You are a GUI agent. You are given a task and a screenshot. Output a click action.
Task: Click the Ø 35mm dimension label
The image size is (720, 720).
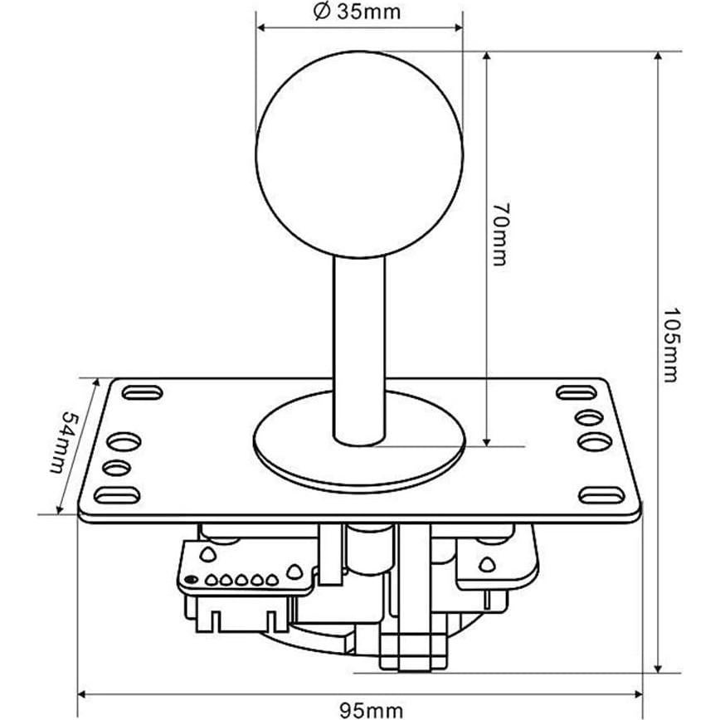(358, 12)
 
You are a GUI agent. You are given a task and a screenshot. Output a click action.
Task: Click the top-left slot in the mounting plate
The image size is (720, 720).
(142, 392)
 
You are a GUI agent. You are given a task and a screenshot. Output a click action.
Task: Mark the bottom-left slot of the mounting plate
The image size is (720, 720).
(117, 495)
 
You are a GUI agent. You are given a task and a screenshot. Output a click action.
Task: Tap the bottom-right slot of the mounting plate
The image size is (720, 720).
(601, 495)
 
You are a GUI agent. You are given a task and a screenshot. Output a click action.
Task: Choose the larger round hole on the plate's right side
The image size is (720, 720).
(595, 440)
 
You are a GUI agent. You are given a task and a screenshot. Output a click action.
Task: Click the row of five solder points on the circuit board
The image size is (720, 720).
(241, 580)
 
